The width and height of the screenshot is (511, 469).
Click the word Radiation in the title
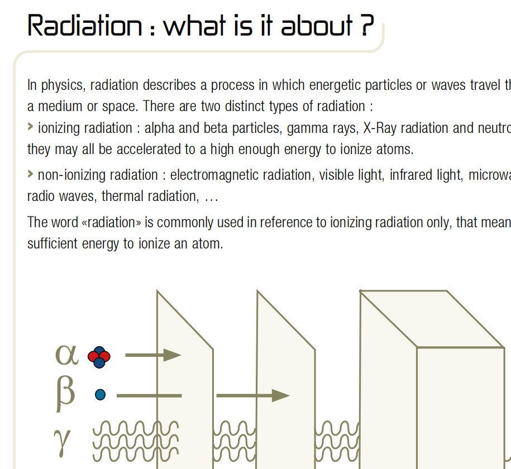tap(85, 26)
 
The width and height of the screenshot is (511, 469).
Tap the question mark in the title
tap(367, 26)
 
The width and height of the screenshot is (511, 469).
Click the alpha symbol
tap(67, 355)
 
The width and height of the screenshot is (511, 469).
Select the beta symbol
tap(66, 394)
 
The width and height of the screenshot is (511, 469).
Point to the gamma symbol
tap(62, 442)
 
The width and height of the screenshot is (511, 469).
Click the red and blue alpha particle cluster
tap(99, 357)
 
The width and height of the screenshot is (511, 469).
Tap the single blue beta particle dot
tap(100, 395)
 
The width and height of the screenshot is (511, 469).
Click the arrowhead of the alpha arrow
tap(172, 355)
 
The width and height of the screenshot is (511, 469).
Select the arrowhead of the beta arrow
tap(280, 395)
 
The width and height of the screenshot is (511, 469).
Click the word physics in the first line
tap(63, 85)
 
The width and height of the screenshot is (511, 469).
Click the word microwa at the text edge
tap(489, 175)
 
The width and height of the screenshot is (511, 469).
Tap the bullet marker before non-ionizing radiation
tap(30, 174)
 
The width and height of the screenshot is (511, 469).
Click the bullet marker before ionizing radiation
tap(30, 126)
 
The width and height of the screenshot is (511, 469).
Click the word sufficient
tap(52, 243)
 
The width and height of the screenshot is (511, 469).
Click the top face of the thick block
tap(432, 319)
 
